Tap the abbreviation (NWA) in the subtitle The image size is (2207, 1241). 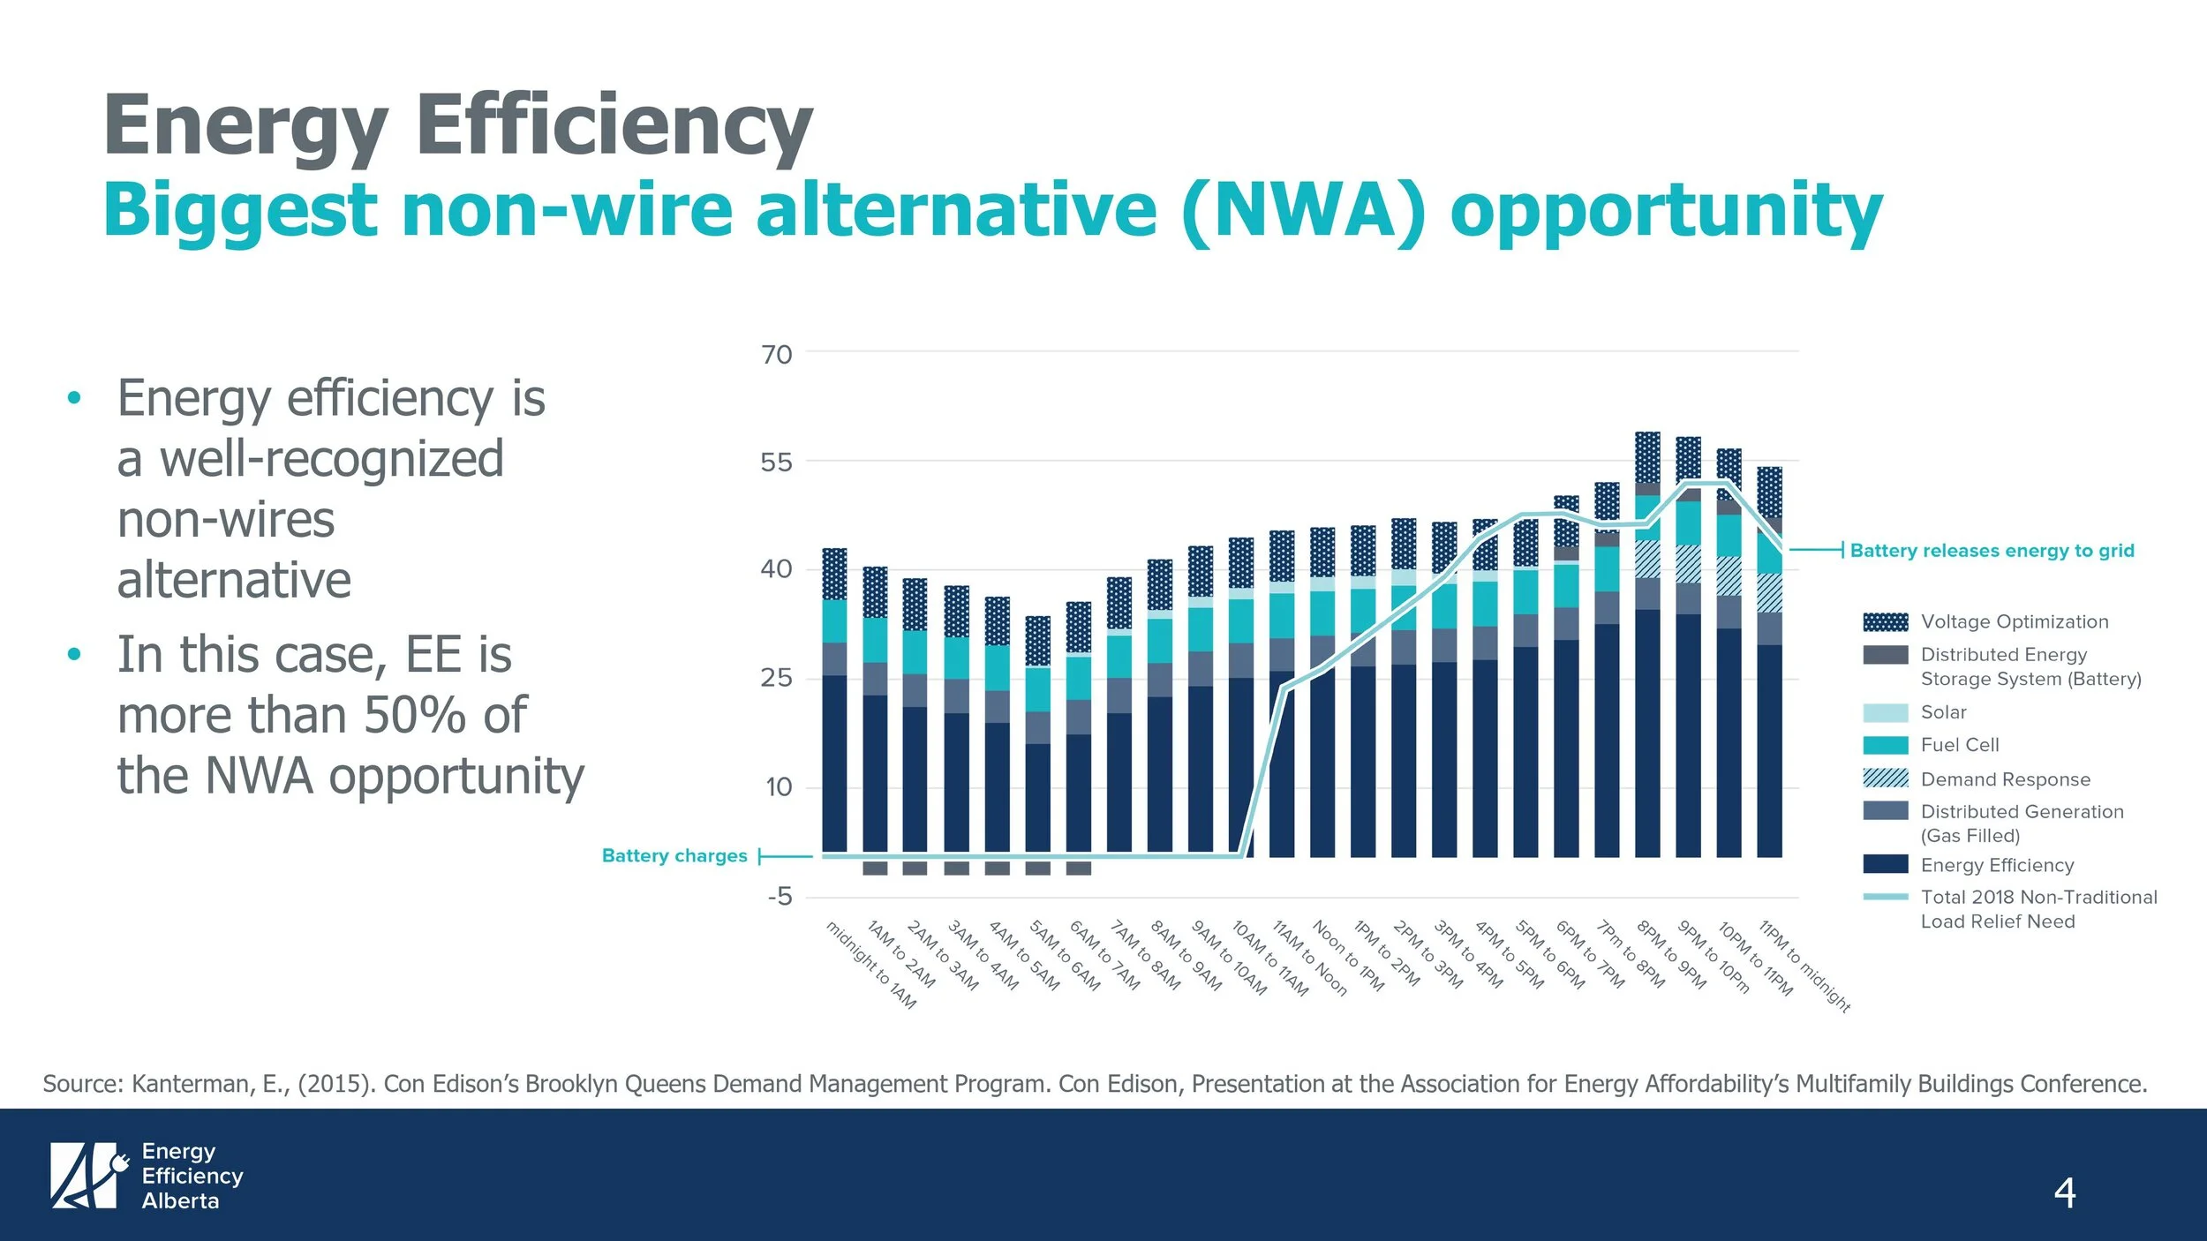coord(1302,210)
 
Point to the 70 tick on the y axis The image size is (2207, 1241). coord(777,355)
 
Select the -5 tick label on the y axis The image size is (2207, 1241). coord(780,897)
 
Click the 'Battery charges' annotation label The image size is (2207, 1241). coord(674,855)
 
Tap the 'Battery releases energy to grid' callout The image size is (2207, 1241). coord(1992,551)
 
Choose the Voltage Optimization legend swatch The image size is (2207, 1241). coord(1885,622)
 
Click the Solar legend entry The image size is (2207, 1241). coord(1943,712)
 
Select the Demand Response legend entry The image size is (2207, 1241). coord(2005,779)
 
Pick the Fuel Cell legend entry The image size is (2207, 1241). coord(1959,745)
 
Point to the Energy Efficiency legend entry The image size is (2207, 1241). coord(1997,865)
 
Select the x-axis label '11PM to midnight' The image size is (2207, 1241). coord(1804,966)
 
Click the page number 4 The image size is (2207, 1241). coord(2064,1193)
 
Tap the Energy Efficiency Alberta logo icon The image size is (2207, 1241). coord(85,1176)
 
